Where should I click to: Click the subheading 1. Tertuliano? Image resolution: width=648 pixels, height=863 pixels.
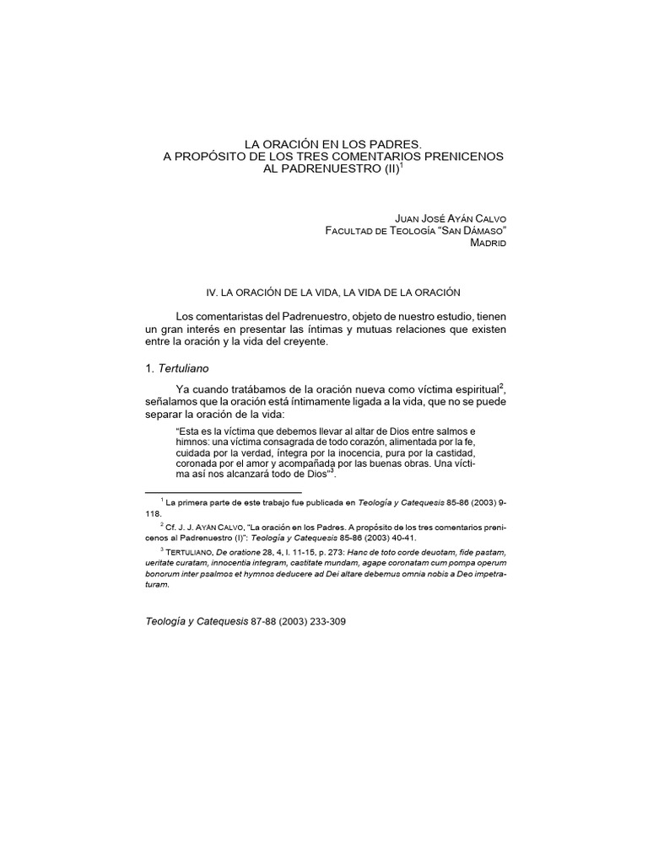click(x=179, y=368)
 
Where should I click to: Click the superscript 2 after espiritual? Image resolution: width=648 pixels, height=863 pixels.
click(x=504, y=384)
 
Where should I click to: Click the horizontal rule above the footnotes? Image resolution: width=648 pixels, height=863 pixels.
click(x=223, y=492)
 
